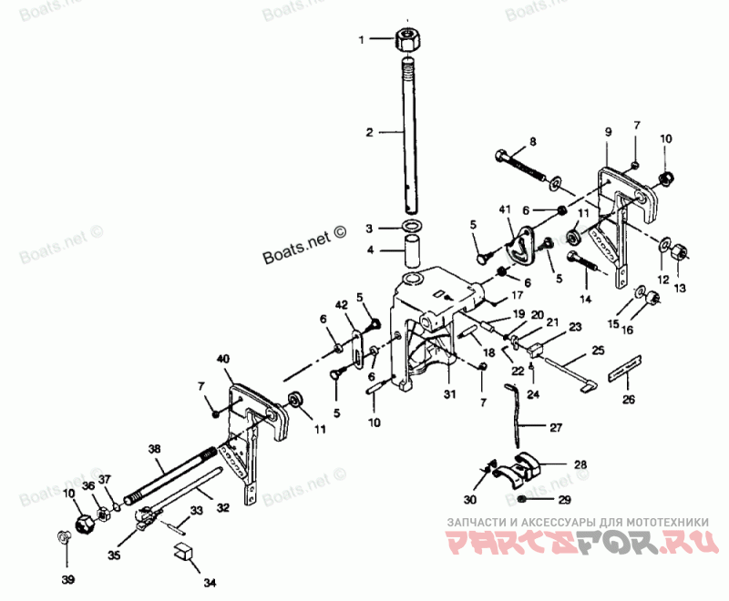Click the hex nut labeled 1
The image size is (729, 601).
(x=407, y=40)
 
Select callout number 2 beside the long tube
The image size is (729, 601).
(x=370, y=132)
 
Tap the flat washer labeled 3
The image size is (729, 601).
(x=412, y=226)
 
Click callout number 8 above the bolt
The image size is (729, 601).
(x=533, y=141)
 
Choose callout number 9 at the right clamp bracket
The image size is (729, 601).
(x=608, y=132)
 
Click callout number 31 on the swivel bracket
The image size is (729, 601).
(x=447, y=393)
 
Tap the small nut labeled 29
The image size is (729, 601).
(x=522, y=500)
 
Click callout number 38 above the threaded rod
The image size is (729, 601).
(x=155, y=448)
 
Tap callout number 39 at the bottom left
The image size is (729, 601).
(x=67, y=579)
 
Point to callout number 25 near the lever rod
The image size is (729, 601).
(x=597, y=350)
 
